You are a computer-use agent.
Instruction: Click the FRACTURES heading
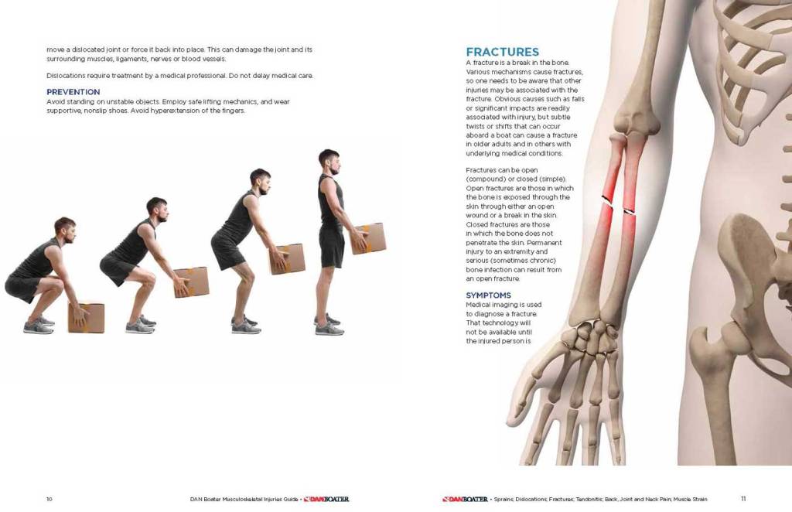(502, 52)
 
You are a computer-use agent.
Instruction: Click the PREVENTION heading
(73, 92)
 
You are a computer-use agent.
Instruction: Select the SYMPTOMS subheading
(489, 295)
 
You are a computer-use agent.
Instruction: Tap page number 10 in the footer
(49, 500)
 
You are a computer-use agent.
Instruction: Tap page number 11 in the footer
(743, 499)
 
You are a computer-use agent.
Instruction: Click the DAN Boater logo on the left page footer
(326, 500)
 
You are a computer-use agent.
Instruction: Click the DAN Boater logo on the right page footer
(465, 500)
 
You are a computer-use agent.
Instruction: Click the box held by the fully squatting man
(87, 318)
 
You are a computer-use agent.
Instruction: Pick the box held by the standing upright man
(369, 238)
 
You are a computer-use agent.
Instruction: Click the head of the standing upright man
(329, 162)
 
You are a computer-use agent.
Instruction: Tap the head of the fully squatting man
(65, 230)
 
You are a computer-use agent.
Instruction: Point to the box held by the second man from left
(192, 282)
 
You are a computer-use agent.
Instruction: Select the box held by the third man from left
(288, 259)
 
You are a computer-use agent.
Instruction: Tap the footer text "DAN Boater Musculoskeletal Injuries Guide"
(244, 500)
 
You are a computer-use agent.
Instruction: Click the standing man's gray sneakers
(329, 325)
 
